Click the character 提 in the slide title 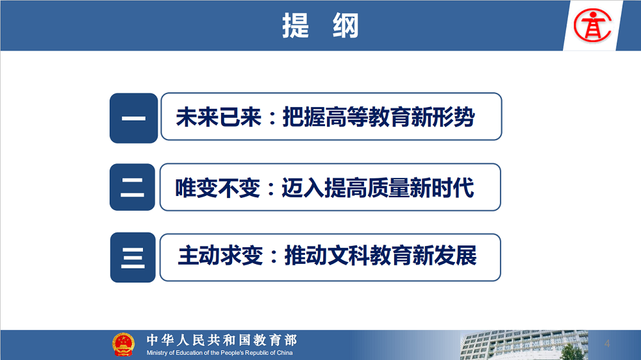coord(295,26)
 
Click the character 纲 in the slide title coord(345,26)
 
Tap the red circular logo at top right coord(592,26)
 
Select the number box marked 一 coord(134,118)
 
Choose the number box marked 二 coord(133,187)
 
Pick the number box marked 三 coord(133,258)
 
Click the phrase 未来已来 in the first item coord(219,117)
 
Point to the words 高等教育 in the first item coord(347,117)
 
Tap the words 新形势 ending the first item coord(443,117)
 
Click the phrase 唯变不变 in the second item coord(218,188)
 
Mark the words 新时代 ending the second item coord(442,188)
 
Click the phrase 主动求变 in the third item coord(221,256)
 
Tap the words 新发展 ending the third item coord(444,256)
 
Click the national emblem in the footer coord(123,345)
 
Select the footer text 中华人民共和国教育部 coord(222,340)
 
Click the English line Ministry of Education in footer coord(219,353)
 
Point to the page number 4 coord(607,343)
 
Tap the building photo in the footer coord(524,345)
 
